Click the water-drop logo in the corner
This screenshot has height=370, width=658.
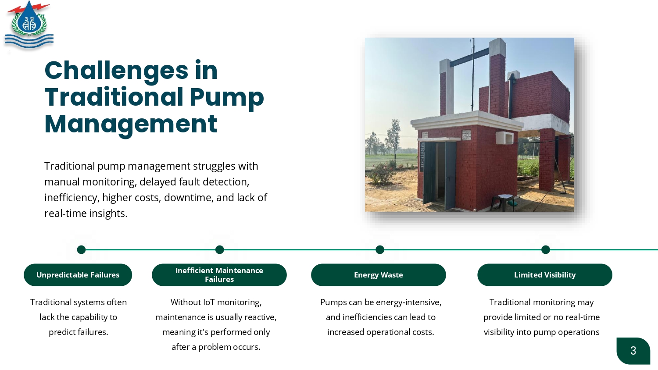[x=29, y=25]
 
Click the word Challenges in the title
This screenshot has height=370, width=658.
[x=116, y=71]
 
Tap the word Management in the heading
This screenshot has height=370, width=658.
[x=131, y=125]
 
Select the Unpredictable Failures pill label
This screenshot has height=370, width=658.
[x=78, y=275]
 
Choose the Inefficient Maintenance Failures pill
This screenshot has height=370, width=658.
[x=219, y=275]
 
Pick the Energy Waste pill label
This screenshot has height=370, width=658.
[x=378, y=275]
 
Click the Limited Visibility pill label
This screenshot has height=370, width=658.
[x=545, y=275]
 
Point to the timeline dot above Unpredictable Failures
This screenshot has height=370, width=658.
[x=81, y=250]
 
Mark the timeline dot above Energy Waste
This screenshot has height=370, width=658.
[x=380, y=250]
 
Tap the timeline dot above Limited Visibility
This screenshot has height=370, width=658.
[x=546, y=250]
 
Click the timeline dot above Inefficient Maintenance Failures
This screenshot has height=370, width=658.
[x=219, y=250]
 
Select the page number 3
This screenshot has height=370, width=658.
[x=633, y=351]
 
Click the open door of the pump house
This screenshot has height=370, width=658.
[x=439, y=175]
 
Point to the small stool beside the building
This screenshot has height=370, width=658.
[x=503, y=203]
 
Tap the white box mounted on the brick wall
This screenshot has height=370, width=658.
[x=504, y=138]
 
